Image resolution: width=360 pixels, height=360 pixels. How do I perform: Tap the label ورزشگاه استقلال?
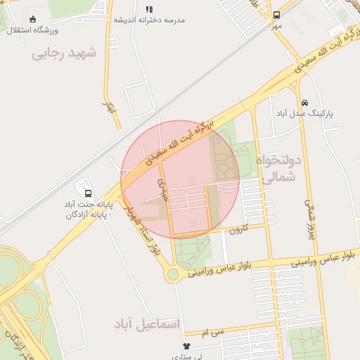coord(32,31)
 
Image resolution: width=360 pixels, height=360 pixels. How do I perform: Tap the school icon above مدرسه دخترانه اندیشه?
coord(148,9)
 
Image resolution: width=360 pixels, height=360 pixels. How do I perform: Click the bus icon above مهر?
coord(276,14)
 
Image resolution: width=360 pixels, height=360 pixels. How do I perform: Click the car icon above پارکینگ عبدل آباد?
coord(304,103)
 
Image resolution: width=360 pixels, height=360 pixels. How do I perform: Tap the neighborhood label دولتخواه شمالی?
coord(282,169)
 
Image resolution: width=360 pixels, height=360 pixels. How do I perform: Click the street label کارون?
coord(240,230)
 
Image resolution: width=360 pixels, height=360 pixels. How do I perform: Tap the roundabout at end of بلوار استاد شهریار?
coord(172,274)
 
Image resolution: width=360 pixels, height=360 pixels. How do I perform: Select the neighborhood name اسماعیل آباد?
coord(146,323)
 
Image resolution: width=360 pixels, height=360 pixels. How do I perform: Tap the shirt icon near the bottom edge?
coord(186,346)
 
